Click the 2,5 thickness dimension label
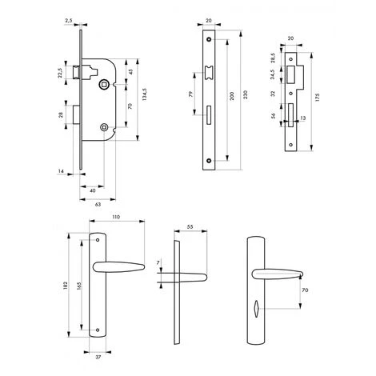[69, 20]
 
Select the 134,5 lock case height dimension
[145, 94]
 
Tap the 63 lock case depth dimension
[98, 205]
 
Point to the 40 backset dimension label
[93, 191]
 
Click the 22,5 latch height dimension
[60, 73]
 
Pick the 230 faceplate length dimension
[246, 94]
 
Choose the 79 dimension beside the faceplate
[190, 94]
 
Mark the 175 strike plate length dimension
[317, 98]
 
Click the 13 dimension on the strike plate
[303, 118]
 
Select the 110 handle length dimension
[116, 217]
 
